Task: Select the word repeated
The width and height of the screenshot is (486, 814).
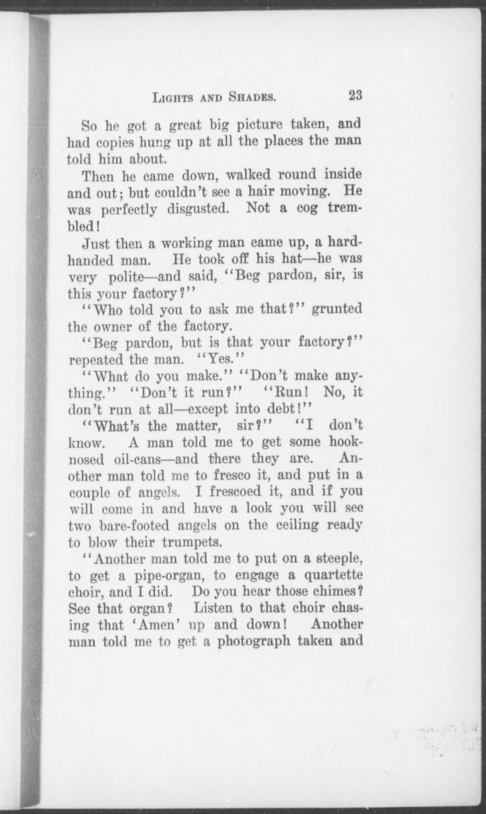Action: click(96, 359)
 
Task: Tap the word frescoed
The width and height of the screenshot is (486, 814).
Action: click(236, 492)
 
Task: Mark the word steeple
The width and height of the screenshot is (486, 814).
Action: click(338, 560)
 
